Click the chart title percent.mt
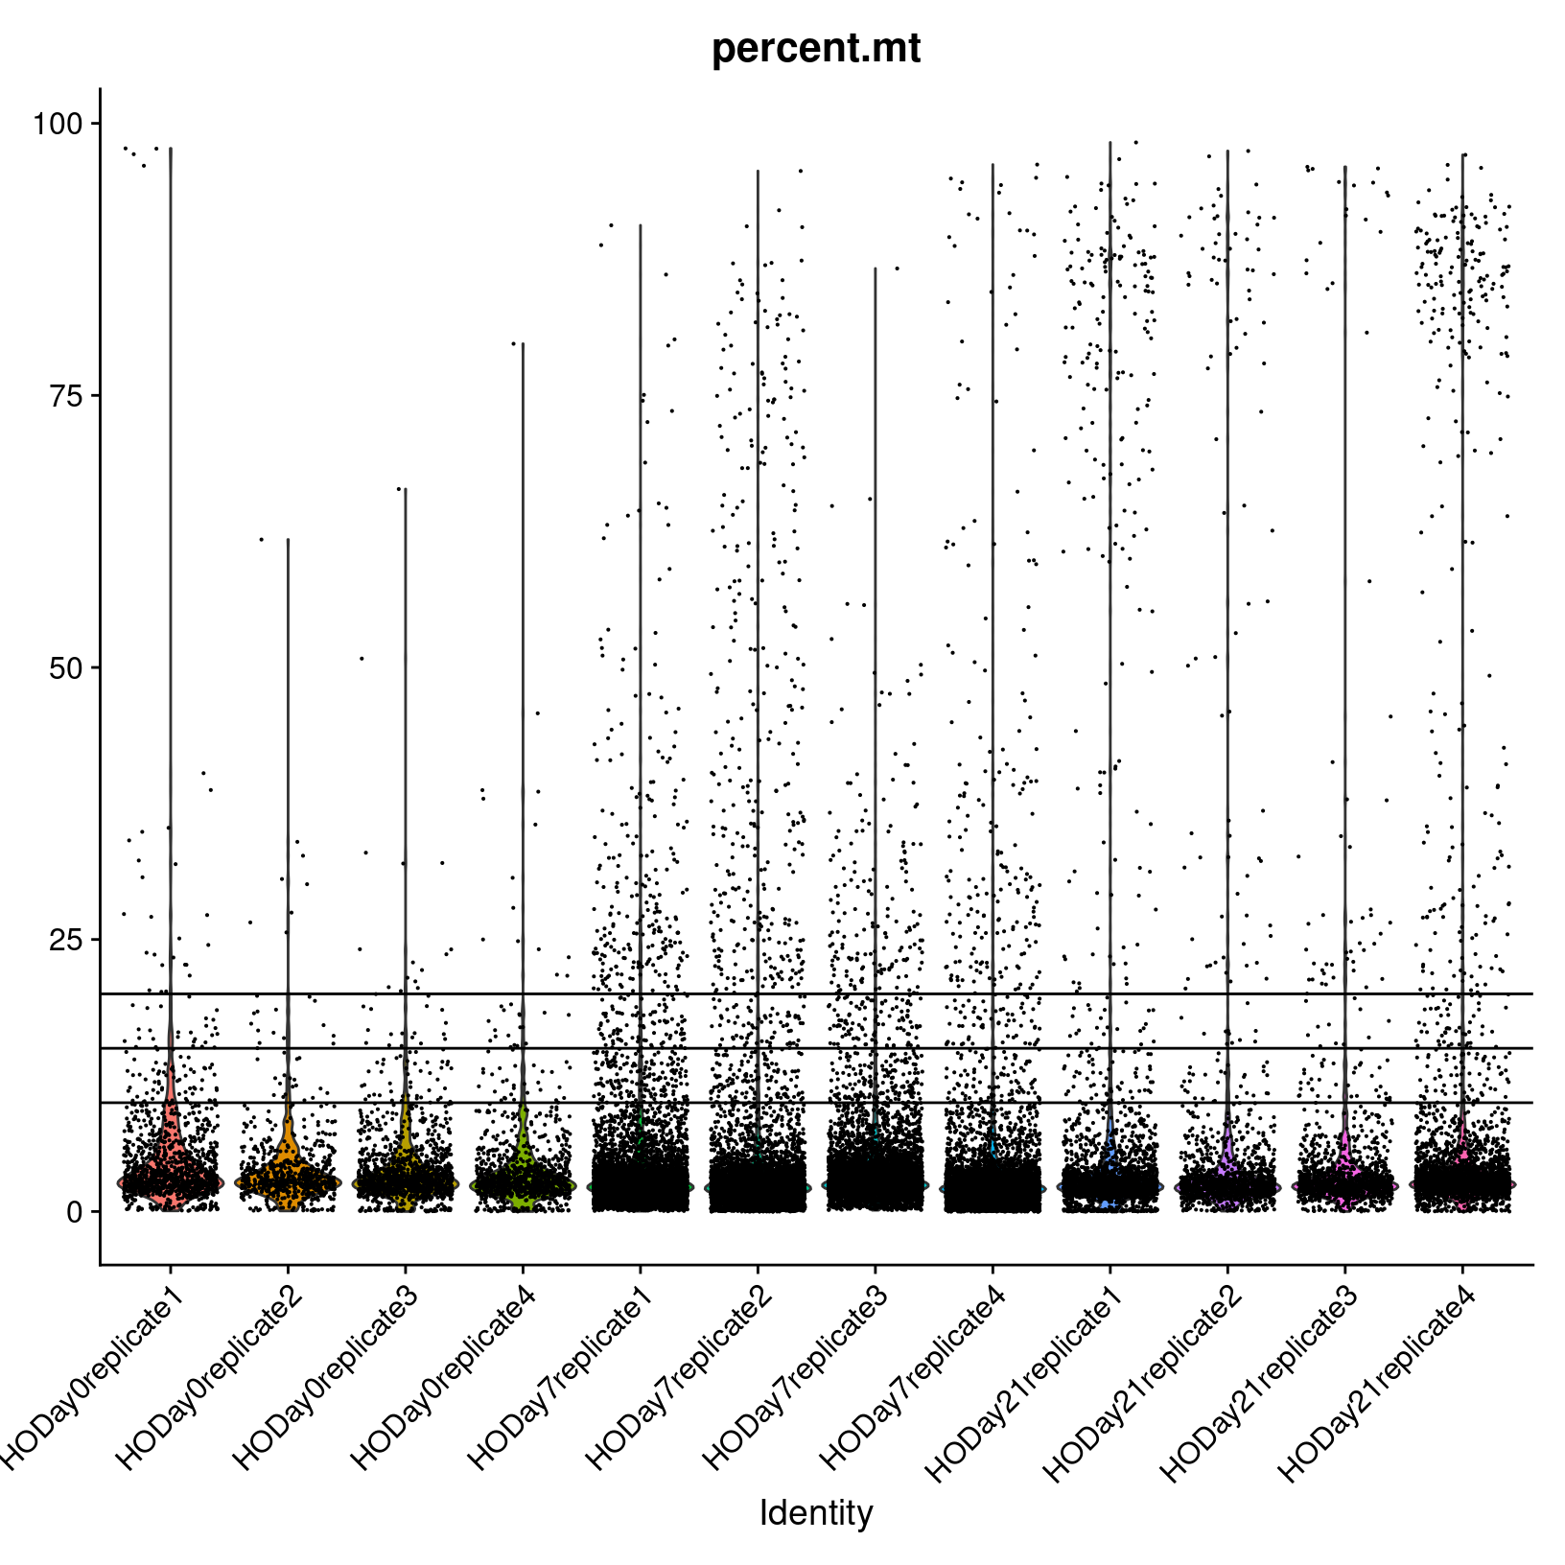pos(816,49)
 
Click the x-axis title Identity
pos(816,1512)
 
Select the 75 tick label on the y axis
pos(66,396)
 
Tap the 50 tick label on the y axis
pos(66,668)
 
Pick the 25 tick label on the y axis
pos(66,940)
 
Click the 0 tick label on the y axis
pos(74,1212)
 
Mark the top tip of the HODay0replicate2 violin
pos(288,540)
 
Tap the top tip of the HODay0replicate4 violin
pos(523,343)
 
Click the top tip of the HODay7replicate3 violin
pos(875,269)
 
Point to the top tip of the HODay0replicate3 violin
pos(405,489)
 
